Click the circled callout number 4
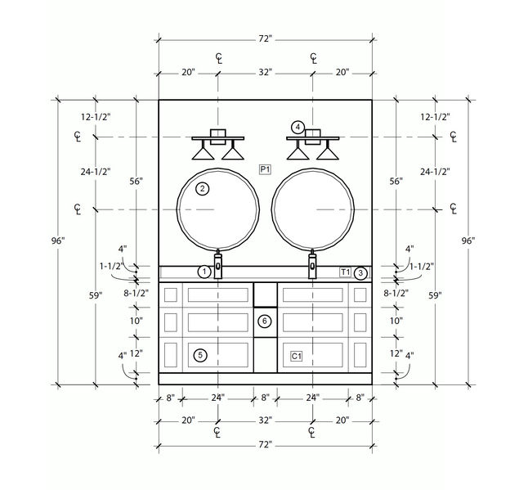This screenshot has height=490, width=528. [x=298, y=128]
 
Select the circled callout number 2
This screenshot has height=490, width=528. [x=203, y=189]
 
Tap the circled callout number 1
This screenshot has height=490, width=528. [x=204, y=272]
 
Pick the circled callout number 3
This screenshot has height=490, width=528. [x=360, y=273]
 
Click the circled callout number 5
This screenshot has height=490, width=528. [x=200, y=355]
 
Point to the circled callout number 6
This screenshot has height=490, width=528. [x=264, y=321]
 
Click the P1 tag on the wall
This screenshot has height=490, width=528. [x=265, y=169]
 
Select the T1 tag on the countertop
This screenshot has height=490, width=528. [x=346, y=272]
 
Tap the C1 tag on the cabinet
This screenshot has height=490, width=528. [x=297, y=356]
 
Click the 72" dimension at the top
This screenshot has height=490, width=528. [x=265, y=39]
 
